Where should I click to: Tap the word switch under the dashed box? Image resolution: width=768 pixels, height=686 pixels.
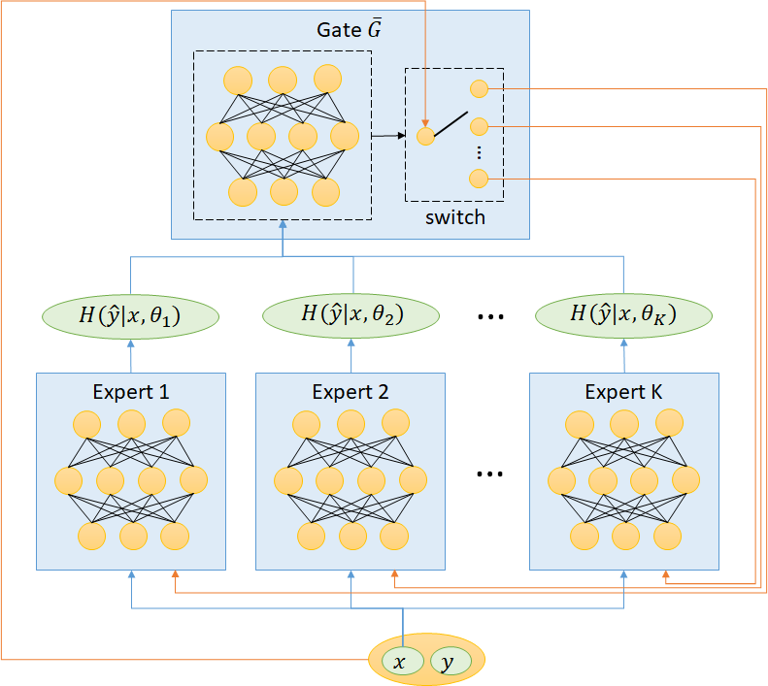click(x=454, y=217)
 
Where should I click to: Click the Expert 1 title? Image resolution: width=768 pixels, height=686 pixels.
click(x=131, y=392)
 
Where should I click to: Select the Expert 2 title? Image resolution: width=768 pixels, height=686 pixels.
click(x=351, y=392)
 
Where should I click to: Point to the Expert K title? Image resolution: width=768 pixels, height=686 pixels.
click(x=623, y=392)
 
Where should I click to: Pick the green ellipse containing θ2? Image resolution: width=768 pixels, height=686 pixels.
click(x=351, y=314)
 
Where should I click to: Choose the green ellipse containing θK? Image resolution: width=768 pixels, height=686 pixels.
click(x=623, y=314)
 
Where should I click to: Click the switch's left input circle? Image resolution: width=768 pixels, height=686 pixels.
click(x=424, y=136)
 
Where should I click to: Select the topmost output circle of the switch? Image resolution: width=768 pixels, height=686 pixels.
click(x=478, y=89)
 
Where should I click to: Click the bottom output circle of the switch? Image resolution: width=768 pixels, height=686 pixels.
click(x=478, y=178)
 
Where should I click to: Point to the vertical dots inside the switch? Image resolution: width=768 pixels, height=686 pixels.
click(x=478, y=151)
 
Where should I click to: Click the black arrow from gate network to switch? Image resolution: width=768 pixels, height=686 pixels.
click(x=388, y=136)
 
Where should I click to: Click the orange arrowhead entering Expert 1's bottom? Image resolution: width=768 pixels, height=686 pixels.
click(x=175, y=575)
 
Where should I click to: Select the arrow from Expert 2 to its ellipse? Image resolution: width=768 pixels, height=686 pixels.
click(x=351, y=351)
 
